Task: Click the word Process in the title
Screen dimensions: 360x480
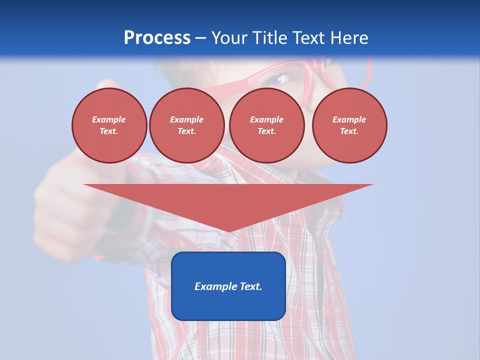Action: point(157,38)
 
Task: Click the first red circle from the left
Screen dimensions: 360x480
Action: point(109,125)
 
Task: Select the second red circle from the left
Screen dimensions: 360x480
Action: point(187,125)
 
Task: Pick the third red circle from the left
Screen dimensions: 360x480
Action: point(267,125)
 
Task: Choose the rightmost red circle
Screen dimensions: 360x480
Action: point(349,125)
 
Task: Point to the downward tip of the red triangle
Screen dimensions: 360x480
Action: point(229,230)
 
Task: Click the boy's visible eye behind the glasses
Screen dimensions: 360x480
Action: point(284,78)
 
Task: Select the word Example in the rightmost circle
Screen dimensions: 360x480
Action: point(349,119)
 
